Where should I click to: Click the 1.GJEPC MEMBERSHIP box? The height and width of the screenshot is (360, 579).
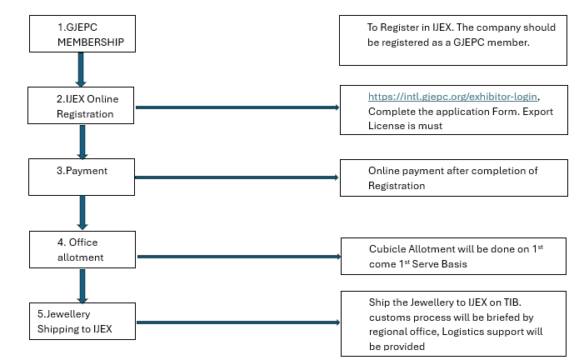[82, 33]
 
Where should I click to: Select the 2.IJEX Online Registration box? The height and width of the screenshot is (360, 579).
[82, 106]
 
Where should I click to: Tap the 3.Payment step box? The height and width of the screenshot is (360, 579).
[82, 177]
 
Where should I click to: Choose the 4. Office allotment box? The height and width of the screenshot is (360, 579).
[82, 250]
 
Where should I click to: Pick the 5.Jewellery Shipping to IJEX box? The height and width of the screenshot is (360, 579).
[82, 322]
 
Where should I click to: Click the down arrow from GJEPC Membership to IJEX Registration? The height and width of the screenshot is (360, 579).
[81, 70]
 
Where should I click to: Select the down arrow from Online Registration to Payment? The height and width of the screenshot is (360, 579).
[82, 142]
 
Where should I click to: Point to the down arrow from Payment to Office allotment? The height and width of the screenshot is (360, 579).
[82, 212]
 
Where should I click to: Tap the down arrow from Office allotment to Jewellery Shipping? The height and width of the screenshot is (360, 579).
[82, 286]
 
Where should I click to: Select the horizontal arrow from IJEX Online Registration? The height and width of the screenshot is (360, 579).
[237, 107]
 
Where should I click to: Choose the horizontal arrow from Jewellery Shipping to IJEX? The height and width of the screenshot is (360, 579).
[237, 322]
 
